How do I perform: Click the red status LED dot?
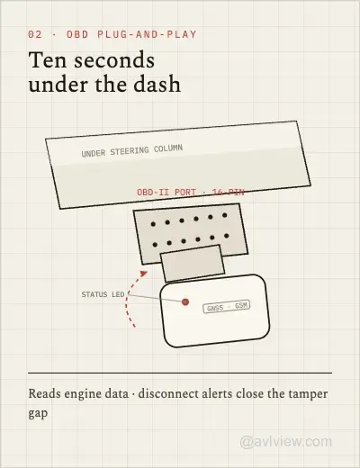coord(185,301)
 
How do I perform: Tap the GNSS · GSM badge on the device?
coord(227,307)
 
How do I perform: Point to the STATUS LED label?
coord(103,294)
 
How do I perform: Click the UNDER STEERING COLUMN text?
coord(132,150)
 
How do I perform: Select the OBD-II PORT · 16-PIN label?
coord(191,192)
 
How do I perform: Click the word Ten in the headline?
coord(48,60)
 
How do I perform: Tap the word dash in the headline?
coord(157,85)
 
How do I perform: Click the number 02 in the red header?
coord(35,34)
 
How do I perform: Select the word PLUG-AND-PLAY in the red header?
coord(147,34)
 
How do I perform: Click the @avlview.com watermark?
coord(286,442)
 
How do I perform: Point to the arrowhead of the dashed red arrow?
coord(144,273)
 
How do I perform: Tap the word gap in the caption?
coord(38,413)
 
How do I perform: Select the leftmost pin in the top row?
coord(153,224)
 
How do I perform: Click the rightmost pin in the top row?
coord(225,215)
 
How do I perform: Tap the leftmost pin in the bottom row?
coord(155,245)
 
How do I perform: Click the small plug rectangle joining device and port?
coord(193,264)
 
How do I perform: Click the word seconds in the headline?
coord(114,60)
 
